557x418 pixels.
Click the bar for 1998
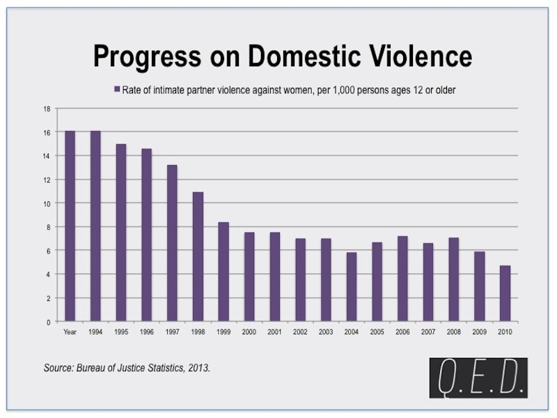(x=198, y=256)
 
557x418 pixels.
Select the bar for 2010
(x=505, y=293)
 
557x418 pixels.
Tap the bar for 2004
(x=352, y=287)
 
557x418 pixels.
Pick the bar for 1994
(x=95, y=226)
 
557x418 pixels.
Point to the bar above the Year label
(x=70, y=226)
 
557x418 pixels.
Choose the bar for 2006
(x=402, y=279)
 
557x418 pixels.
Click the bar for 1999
(x=223, y=272)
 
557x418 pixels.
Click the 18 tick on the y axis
(x=47, y=109)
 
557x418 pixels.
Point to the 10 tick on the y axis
(x=47, y=203)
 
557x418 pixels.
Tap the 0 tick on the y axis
(x=49, y=323)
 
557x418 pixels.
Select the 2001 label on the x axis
(x=274, y=332)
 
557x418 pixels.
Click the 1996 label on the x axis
(x=147, y=332)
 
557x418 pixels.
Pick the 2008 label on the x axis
(x=454, y=332)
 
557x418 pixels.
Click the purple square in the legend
(x=117, y=89)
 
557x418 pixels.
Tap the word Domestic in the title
(x=304, y=56)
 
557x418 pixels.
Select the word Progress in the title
(x=148, y=58)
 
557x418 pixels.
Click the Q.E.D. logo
(x=478, y=378)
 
